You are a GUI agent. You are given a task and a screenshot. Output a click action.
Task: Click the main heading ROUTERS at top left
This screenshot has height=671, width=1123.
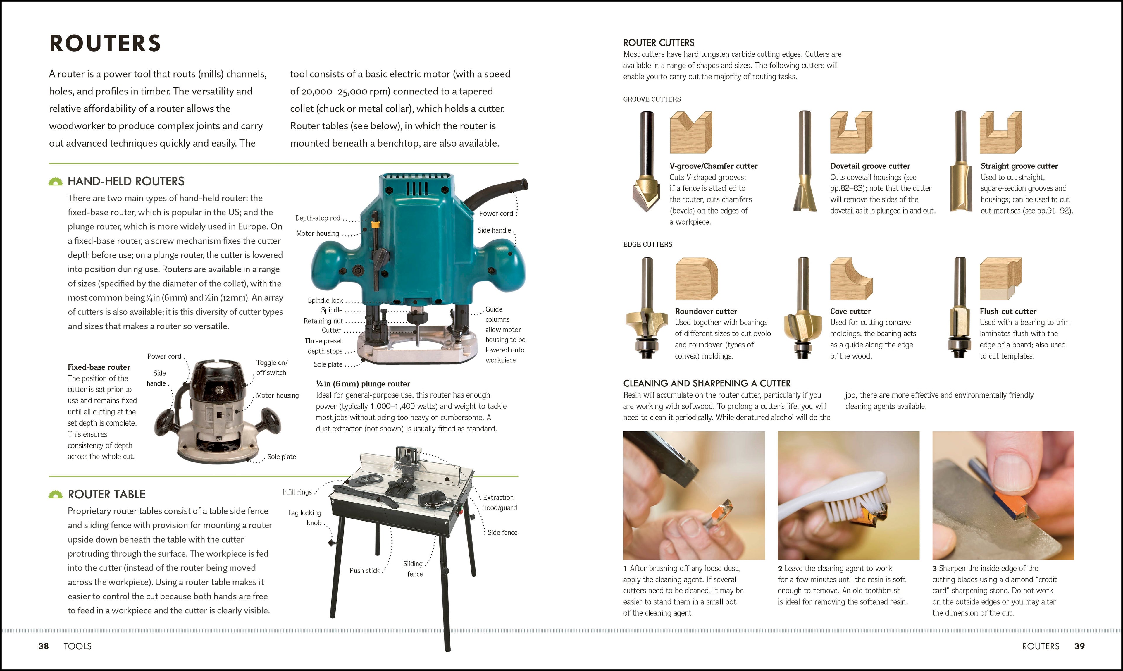coord(105,43)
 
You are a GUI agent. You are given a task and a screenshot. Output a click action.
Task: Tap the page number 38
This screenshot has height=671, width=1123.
coord(43,646)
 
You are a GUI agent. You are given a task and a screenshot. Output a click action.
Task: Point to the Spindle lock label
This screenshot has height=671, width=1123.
coord(325,300)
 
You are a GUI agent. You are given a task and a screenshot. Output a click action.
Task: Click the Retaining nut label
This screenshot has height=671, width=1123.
coord(323,321)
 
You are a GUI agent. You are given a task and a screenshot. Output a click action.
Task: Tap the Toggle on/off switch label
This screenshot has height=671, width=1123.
coord(271,368)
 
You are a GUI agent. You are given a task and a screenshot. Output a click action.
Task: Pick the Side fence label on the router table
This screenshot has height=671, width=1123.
coord(502,533)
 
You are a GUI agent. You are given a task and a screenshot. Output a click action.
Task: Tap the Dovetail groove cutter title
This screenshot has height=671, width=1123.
coord(870,166)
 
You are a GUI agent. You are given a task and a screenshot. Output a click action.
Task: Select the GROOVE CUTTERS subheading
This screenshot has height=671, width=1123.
coord(652,99)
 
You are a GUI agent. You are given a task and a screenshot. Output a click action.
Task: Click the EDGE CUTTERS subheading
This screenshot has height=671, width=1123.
coord(647,244)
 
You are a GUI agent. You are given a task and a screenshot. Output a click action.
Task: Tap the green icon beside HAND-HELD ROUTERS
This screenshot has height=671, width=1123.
coord(56,182)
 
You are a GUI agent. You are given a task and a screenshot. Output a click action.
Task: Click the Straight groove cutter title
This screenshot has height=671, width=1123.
coord(1019,166)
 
